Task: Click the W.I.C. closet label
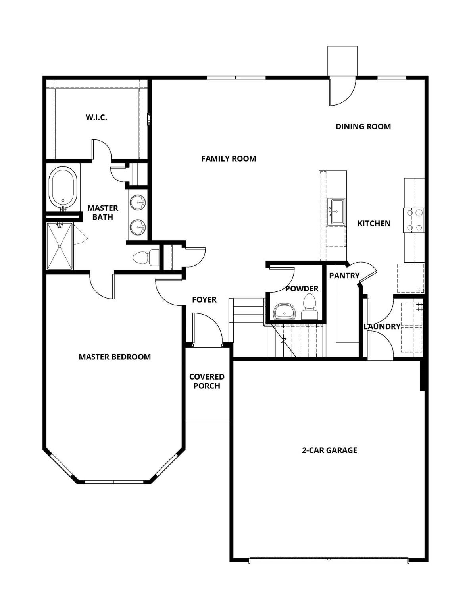[96, 118]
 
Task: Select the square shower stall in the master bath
[60, 246]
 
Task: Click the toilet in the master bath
[141, 258]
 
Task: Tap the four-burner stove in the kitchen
[413, 220]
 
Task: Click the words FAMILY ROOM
[229, 159]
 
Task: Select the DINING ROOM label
[363, 127]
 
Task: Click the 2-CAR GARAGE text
[329, 450]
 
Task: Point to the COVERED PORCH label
[207, 381]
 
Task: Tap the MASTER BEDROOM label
[115, 357]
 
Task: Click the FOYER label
[204, 300]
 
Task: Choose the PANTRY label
[344, 276]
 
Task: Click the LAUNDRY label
[382, 326]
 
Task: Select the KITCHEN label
[374, 224]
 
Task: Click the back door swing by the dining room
[341, 91]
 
